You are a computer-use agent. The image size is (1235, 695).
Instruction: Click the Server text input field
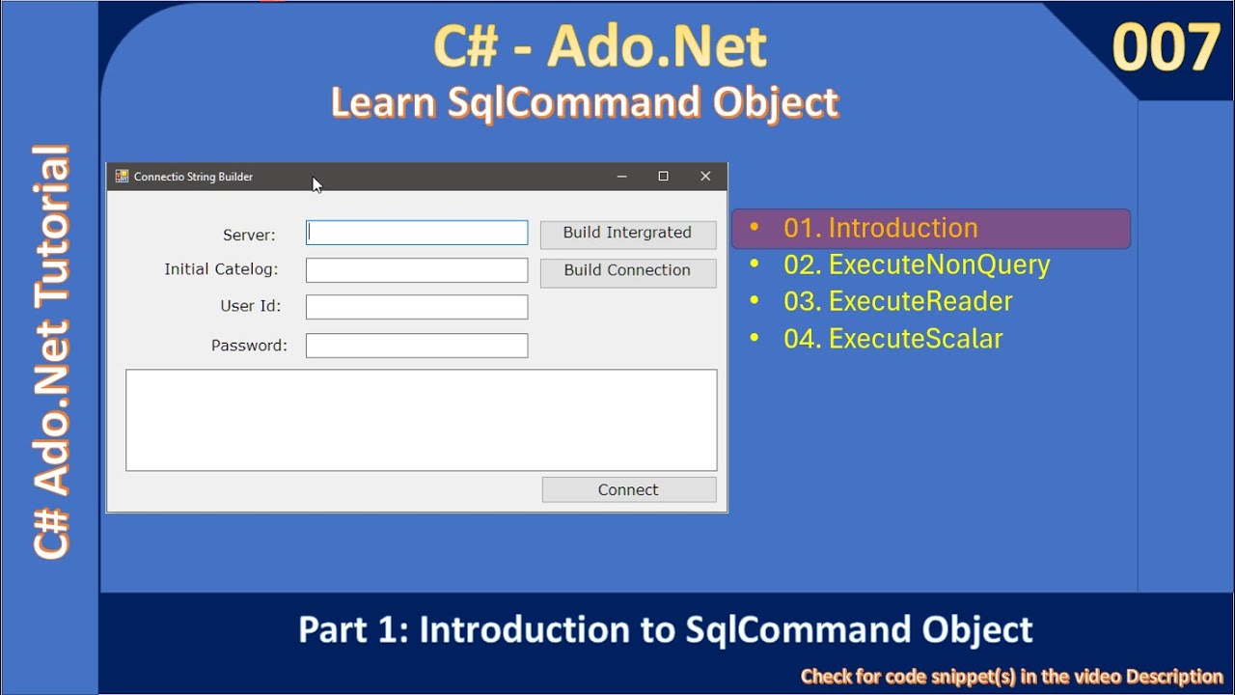click(x=417, y=233)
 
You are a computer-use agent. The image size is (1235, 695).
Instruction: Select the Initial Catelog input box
click(x=417, y=270)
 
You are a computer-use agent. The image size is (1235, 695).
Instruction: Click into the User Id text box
click(x=417, y=307)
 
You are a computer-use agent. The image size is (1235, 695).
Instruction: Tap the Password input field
click(x=417, y=346)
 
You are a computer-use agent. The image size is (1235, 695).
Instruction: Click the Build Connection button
click(x=627, y=271)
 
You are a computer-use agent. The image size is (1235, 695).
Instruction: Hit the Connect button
click(x=628, y=490)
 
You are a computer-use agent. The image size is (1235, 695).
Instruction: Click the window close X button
click(x=705, y=177)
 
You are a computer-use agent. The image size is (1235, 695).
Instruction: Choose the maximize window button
click(x=663, y=177)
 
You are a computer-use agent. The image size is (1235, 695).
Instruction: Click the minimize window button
click(x=621, y=177)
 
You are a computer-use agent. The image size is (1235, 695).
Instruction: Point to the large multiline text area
click(x=421, y=420)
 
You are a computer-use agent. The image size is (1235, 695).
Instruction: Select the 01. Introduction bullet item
click(x=880, y=229)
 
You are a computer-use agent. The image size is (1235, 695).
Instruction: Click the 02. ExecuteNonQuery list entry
click(x=916, y=265)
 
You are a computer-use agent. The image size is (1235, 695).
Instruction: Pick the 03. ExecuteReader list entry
click(x=897, y=302)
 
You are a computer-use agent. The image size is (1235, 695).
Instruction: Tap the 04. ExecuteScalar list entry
click(x=892, y=339)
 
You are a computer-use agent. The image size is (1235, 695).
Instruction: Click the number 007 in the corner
click(x=1166, y=48)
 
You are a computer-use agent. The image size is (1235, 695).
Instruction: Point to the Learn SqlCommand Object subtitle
click(x=585, y=102)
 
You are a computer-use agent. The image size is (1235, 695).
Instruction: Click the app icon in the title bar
click(x=122, y=177)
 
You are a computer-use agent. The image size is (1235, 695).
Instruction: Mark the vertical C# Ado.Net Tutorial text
click(x=52, y=352)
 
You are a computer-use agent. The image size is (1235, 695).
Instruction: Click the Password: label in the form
click(x=249, y=346)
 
